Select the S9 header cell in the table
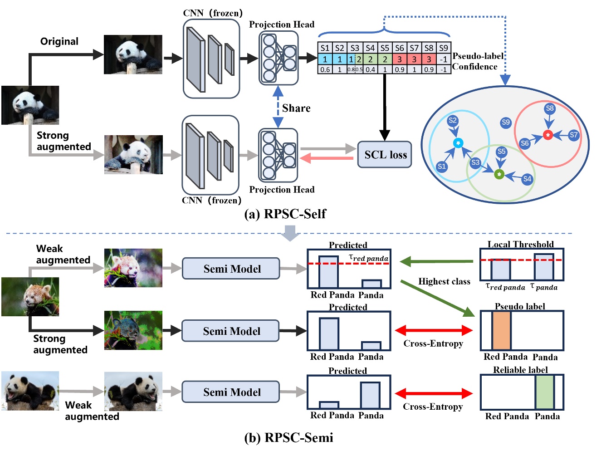click(443, 48)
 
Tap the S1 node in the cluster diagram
click(442, 167)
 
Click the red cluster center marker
click(548, 135)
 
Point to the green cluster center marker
click(499, 174)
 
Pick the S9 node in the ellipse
click(506, 122)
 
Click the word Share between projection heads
click(296, 108)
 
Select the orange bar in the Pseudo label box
click(501, 331)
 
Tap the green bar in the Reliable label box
click(544, 392)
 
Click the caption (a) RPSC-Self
click(285, 214)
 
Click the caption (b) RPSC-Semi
click(288, 437)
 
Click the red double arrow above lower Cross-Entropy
click(434, 393)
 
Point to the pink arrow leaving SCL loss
click(327, 158)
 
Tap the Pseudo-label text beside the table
click(478, 56)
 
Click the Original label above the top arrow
click(59, 42)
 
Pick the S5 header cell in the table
click(385, 48)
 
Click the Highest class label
click(444, 281)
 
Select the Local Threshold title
click(520, 244)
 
